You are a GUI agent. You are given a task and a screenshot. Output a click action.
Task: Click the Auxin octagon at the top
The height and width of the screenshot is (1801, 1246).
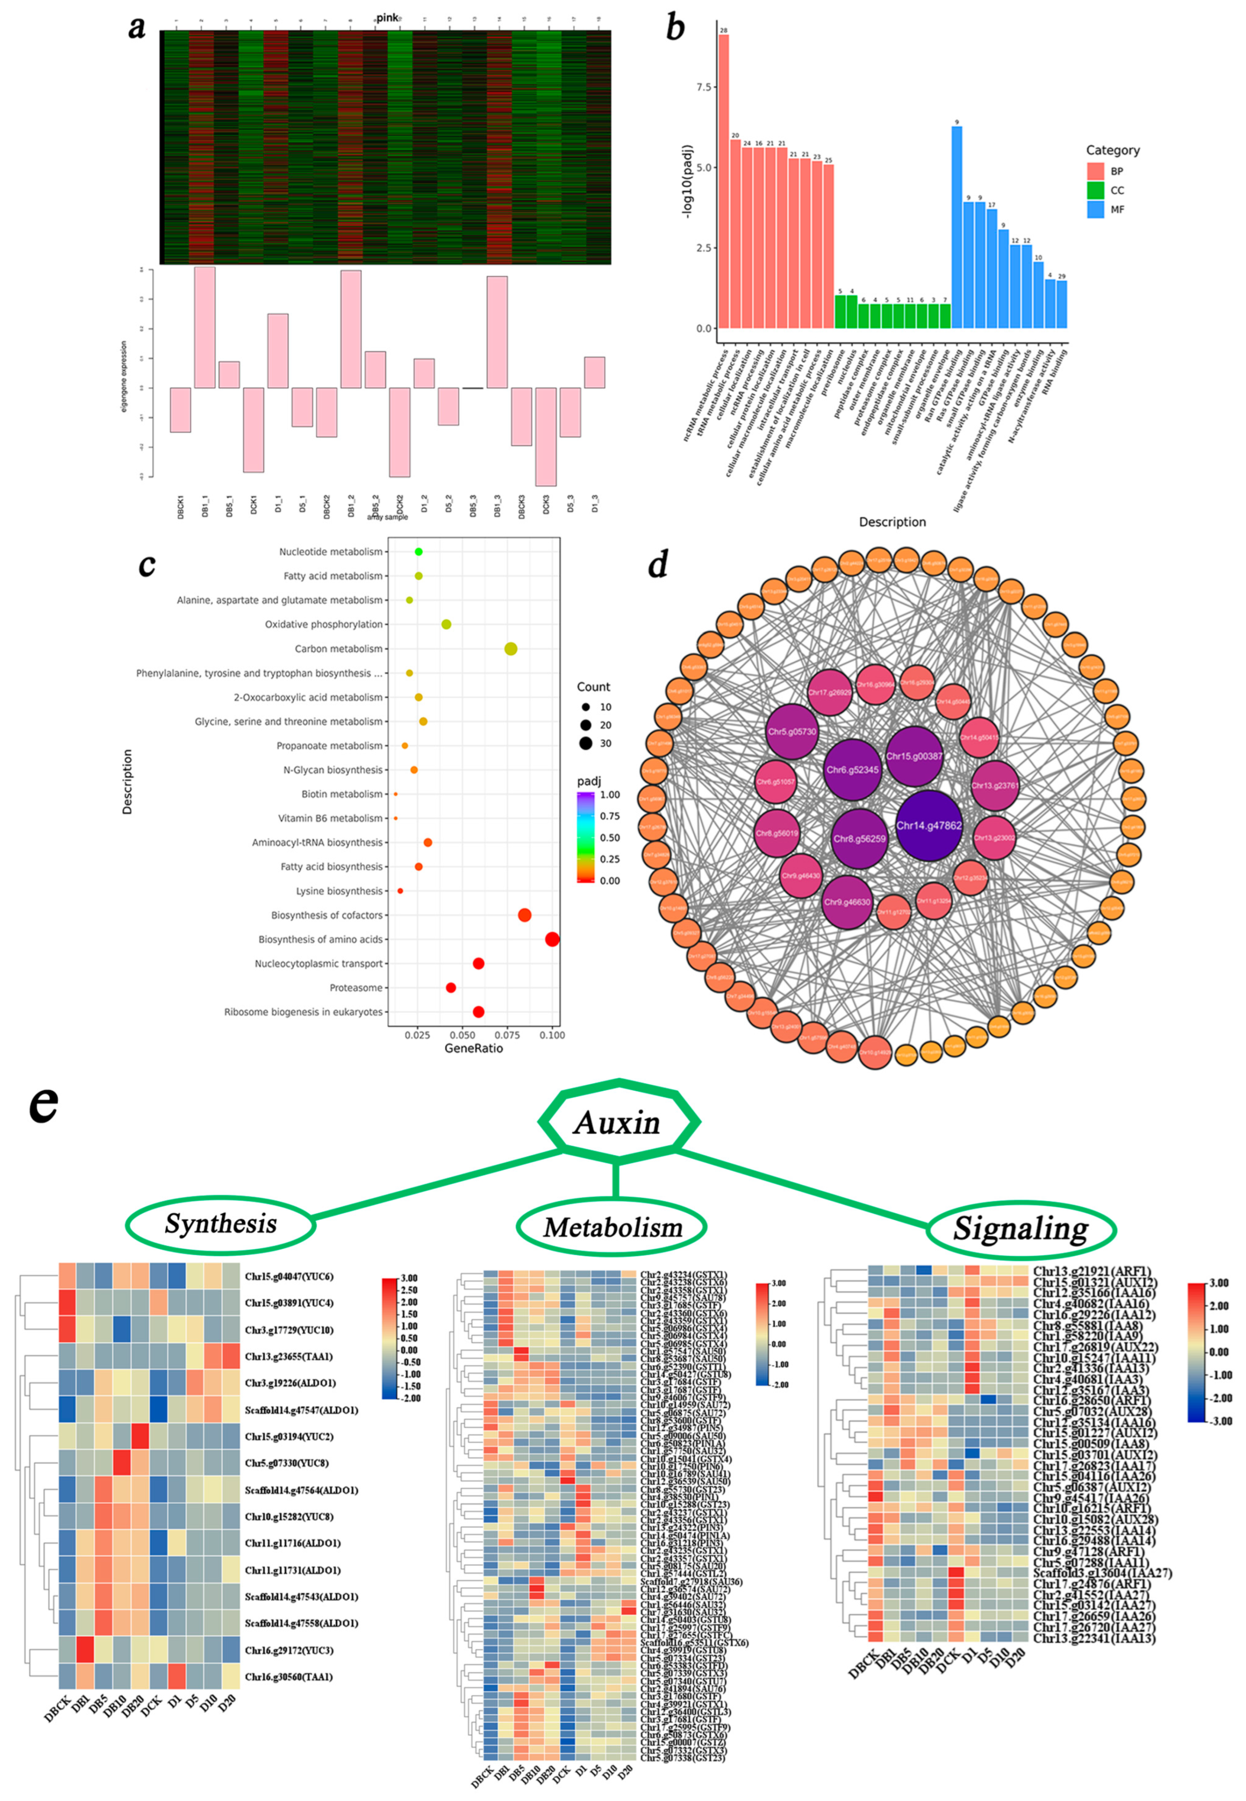click(618, 1122)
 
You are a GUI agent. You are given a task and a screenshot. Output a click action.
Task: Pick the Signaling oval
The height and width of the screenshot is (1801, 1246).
click(1021, 1229)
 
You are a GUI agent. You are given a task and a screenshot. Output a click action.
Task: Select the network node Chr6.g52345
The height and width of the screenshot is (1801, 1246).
click(852, 769)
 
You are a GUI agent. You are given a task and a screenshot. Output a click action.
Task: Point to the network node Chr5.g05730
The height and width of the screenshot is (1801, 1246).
click(792, 732)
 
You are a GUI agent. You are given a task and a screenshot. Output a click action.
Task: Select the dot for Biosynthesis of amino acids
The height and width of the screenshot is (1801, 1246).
click(552, 939)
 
